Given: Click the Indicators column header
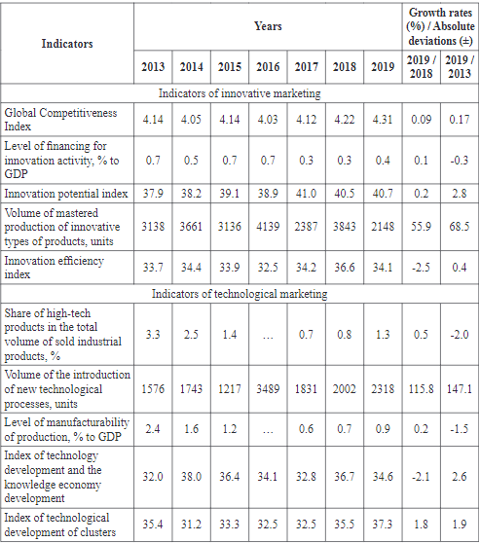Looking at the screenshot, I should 67,44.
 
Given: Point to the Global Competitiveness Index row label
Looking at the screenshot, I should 60,119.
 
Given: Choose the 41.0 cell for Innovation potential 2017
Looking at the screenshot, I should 306,192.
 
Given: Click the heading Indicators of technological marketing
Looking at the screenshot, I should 240,293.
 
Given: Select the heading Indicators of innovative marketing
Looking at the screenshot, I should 240,94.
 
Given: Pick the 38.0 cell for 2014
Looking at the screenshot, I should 190,478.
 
